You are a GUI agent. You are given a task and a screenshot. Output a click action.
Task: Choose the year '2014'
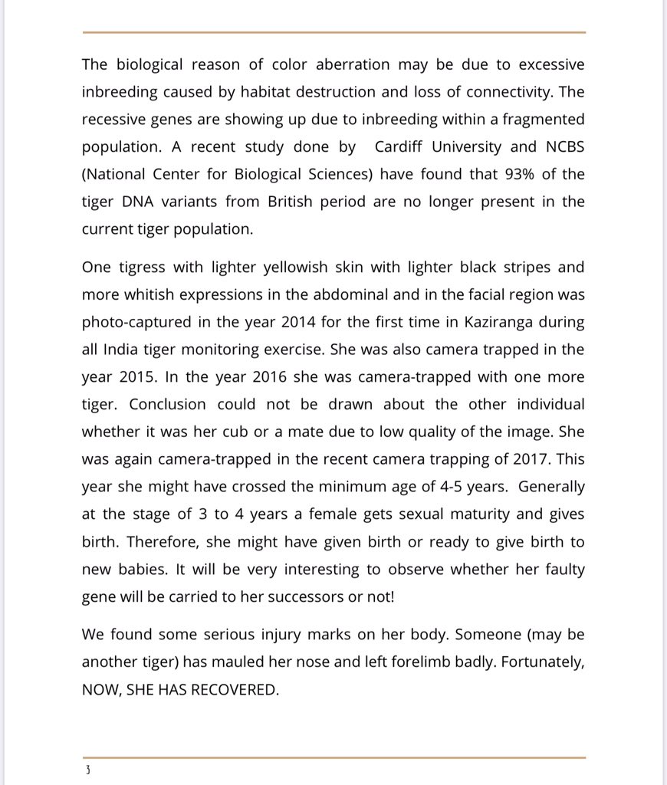point(293,322)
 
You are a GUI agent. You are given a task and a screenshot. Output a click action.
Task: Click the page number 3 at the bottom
point(87,770)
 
